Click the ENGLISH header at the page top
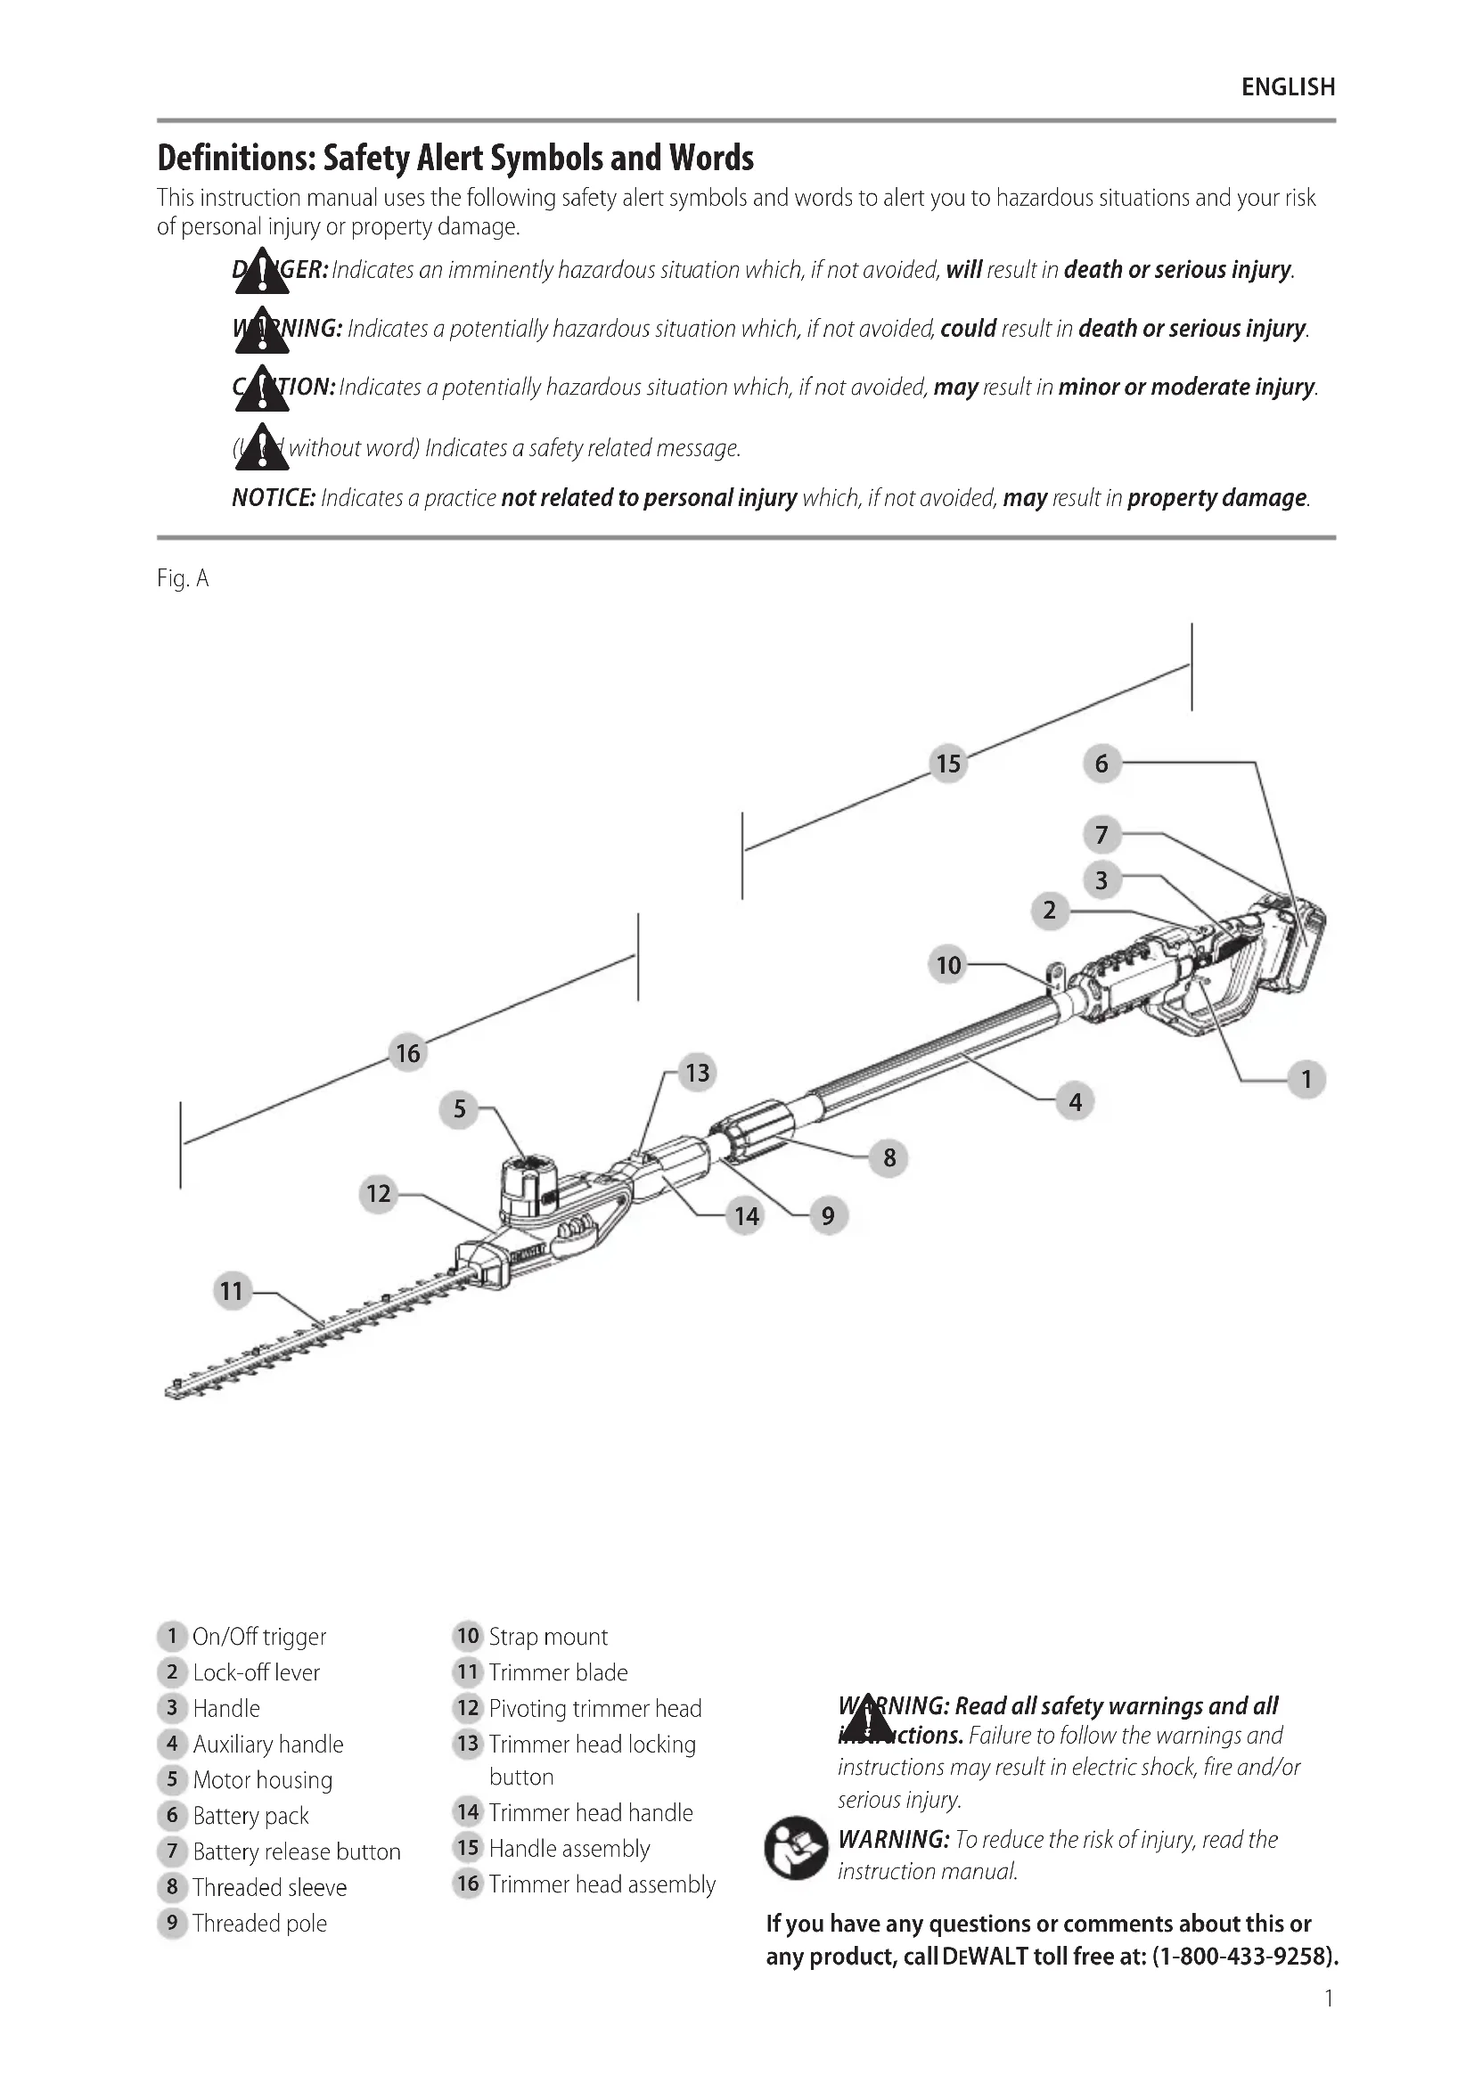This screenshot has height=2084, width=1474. coord(1287,87)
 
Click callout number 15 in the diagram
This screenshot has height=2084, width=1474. coord(948,764)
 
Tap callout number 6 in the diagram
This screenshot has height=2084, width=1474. coord(1101,764)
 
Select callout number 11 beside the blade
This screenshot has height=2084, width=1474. coord(232,1290)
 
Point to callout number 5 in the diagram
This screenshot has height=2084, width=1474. coord(459,1108)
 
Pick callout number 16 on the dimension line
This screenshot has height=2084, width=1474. coord(407,1053)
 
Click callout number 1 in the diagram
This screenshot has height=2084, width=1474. coord(1306,1079)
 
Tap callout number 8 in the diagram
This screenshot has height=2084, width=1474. coord(888,1157)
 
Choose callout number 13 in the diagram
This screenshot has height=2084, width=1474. coord(697,1073)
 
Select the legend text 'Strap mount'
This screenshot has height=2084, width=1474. coord(548,1637)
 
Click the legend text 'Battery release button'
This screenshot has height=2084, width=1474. coord(296,1851)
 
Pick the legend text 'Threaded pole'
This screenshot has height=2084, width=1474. coord(259,1924)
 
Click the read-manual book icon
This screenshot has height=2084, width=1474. coord(795,1848)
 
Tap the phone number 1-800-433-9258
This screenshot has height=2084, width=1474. coord(1244,1956)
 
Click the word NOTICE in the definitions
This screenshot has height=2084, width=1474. coord(274,498)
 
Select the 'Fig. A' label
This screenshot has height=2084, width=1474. coord(183,578)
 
